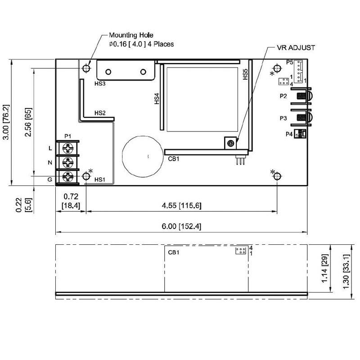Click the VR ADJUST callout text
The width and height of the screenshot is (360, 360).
click(296, 48)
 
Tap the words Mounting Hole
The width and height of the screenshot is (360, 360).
click(131, 35)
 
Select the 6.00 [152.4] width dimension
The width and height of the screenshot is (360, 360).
click(181, 226)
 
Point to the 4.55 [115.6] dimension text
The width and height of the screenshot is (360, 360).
click(181, 205)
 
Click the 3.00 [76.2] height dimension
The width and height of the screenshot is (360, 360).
click(6, 122)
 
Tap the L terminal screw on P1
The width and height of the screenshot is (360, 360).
click(68, 148)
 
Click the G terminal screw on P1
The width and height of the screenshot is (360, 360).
click(68, 176)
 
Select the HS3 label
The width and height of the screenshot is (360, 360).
click(100, 84)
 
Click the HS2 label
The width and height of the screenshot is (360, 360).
click(100, 113)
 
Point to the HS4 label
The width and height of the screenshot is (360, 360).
click(157, 99)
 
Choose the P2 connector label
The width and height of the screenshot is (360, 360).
click(283, 96)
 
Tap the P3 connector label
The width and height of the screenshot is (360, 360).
click(283, 118)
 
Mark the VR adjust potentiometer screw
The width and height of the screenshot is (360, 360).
click(230, 144)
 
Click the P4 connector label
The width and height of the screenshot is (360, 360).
click(289, 134)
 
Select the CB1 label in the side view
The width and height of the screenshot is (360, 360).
click(174, 252)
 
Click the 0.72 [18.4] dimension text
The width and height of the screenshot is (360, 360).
click(71, 201)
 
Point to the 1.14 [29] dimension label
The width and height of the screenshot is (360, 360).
click(324, 268)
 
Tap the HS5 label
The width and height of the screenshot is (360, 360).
click(246, 74)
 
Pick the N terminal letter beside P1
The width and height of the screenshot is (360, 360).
click(50, 162)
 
